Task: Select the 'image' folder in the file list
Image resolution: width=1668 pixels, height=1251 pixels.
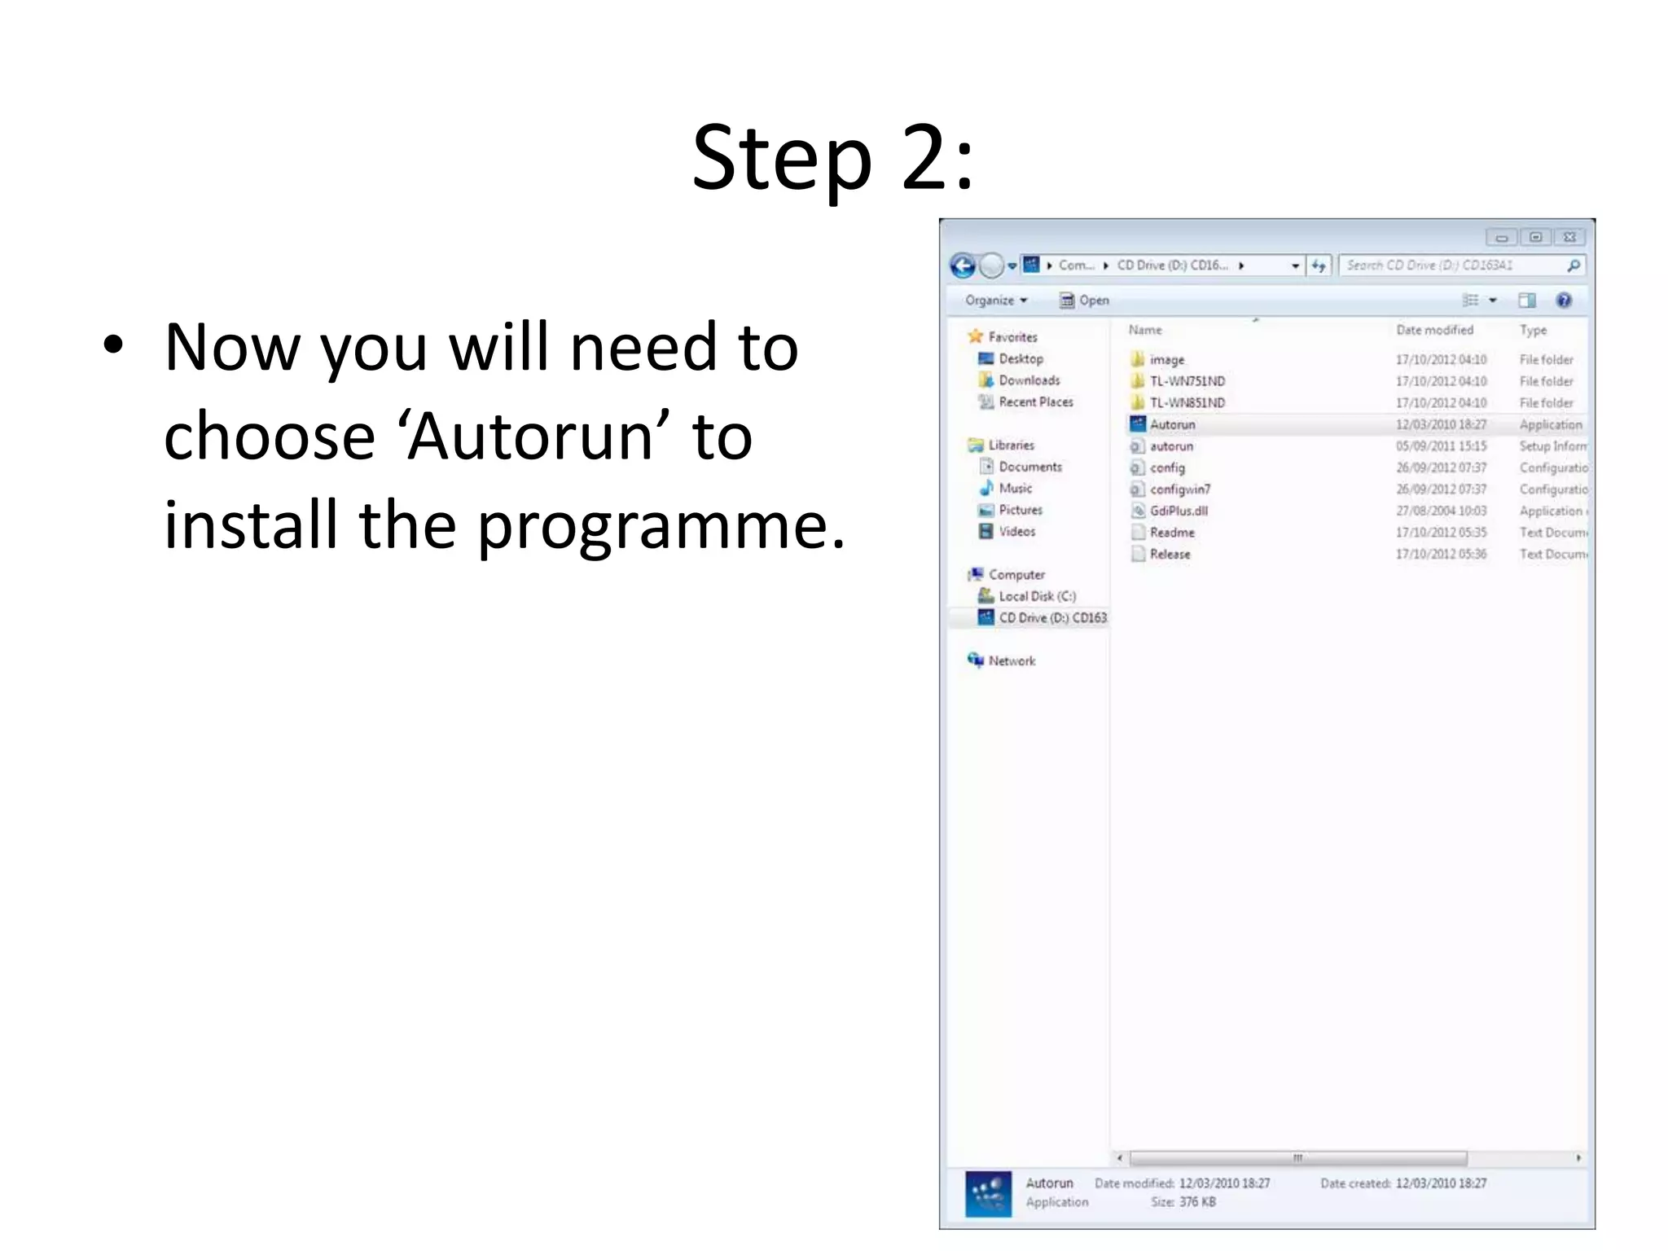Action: [x=1166, y=360]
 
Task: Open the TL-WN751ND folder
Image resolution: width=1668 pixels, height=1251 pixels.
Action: [x=1187, y=381]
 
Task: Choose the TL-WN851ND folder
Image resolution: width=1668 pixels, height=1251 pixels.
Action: [x=1187, y=403]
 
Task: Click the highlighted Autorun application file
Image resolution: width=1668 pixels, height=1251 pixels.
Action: [x=1172, y=424]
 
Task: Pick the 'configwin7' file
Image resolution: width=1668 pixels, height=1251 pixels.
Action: [x=1179, y=489]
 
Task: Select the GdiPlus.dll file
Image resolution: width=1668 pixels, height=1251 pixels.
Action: [x=1178, y=511]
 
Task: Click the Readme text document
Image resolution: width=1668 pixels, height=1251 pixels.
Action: [x=1171, y=533]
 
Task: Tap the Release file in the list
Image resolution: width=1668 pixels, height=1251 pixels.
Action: [x=1170, y=555]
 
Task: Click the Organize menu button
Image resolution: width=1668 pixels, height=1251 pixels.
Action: [x=995, y=301]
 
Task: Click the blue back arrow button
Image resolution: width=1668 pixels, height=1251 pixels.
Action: [x=963, y=266]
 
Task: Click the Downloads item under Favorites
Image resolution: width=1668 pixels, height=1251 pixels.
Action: [x=1029, y=380]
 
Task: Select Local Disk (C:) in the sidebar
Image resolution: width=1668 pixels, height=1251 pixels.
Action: [x=1037, y=596]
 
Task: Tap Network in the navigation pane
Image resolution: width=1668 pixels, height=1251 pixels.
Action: [x=1012, y=661]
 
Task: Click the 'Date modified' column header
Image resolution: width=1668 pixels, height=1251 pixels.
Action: [x=1434, y=330]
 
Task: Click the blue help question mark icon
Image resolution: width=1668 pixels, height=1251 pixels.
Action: [x=1564, y=301]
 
